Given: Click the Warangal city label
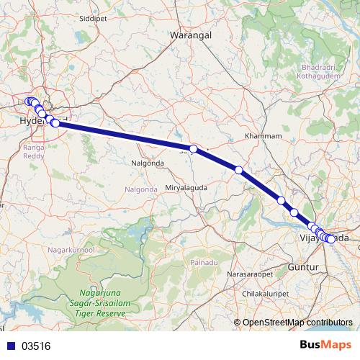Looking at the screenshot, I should (x=190, y=34).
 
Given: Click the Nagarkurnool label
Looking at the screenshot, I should (x=71, y=249).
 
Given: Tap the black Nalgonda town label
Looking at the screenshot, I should (x=148, y=163).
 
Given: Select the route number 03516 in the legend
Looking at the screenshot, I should (x=36, y=346).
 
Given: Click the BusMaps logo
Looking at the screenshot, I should (x=325, y=345).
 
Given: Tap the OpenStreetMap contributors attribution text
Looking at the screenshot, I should (x=297, y=323).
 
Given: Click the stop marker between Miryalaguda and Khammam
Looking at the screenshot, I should (x=238, y=170).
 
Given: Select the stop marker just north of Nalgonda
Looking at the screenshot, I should (x=193, y=148).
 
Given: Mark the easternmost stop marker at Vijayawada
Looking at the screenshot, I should (x=331, y=239).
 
